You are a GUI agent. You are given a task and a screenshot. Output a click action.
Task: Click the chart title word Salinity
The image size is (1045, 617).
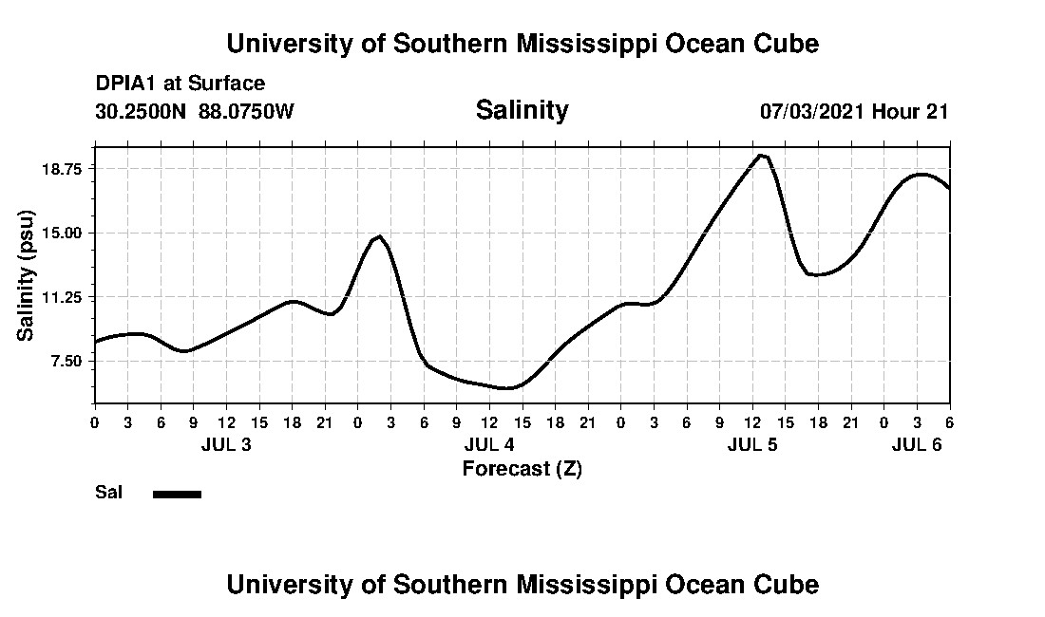(522, 110)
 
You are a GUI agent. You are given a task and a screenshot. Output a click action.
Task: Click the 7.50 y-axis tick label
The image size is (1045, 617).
(66, 362)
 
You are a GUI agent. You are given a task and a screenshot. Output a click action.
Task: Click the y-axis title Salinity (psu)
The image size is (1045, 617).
(26, 275)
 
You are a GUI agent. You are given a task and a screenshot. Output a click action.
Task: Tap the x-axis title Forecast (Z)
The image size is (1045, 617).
(522, 468)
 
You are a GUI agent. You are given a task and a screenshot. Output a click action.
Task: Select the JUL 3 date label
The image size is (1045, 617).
(226, 445)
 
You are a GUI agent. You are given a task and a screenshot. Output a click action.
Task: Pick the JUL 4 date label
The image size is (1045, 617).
(489, 445)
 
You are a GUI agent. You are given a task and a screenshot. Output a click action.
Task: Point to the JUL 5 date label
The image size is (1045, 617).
(752, 445)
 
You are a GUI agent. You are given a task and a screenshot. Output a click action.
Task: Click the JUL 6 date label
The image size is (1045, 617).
(916, 445)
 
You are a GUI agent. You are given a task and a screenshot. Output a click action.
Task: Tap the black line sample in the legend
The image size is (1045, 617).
(177, 494)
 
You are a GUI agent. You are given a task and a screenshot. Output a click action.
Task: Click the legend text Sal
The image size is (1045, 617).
(107, 493)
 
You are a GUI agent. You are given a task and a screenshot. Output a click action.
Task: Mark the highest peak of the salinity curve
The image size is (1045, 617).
(761, 155)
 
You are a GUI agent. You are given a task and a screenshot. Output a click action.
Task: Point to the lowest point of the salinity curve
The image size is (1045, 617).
(508, 387)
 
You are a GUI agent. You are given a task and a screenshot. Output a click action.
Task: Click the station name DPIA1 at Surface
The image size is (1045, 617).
(180, 84)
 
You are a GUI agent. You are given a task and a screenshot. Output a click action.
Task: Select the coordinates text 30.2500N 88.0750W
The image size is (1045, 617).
(195, 111)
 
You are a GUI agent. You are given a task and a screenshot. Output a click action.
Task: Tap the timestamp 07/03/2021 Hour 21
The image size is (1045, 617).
(853, 111)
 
